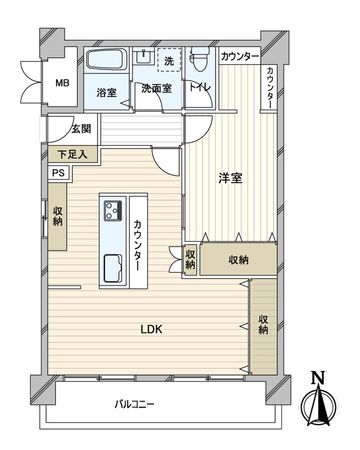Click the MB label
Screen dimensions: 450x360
click(62, 84)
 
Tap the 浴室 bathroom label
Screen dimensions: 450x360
click(106, 92)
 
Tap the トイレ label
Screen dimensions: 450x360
click(200, 91)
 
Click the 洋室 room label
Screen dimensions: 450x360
click(231, 178)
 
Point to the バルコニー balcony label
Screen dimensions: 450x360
click(134, 405)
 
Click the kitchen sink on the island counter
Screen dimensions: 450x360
click(109, 267)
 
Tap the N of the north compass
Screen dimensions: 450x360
click(318, 377)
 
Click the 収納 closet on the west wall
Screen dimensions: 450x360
click(57, 218)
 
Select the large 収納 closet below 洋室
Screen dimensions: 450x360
click(238, 260)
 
